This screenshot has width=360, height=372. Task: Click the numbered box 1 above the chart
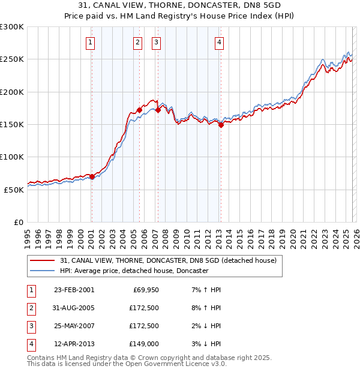(x=90, y=42)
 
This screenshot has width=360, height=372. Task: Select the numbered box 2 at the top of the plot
(x=138, y=42)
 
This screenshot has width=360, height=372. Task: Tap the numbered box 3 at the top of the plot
(x=156, y=42)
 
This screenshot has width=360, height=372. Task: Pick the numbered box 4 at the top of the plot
(x=220, y=42)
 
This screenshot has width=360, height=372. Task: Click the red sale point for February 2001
(x=92, y=176)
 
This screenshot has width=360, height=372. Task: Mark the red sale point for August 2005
(x=139, y=110)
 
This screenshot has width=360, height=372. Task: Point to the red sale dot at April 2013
(x=221, y=125)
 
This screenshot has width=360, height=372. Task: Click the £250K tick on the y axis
(x=12, y=59)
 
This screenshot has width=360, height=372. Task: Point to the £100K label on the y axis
(x=12, y=157)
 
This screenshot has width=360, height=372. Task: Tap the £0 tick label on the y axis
(x=18, y=222)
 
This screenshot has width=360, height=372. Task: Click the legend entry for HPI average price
(x=134, y=271)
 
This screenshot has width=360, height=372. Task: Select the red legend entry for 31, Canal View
(x=168, y=261)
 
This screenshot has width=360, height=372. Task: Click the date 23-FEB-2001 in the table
(x=73, y=290)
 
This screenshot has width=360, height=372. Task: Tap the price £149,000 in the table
(x=144, y=344)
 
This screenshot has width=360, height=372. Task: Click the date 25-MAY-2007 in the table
(x=73, y=326)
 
